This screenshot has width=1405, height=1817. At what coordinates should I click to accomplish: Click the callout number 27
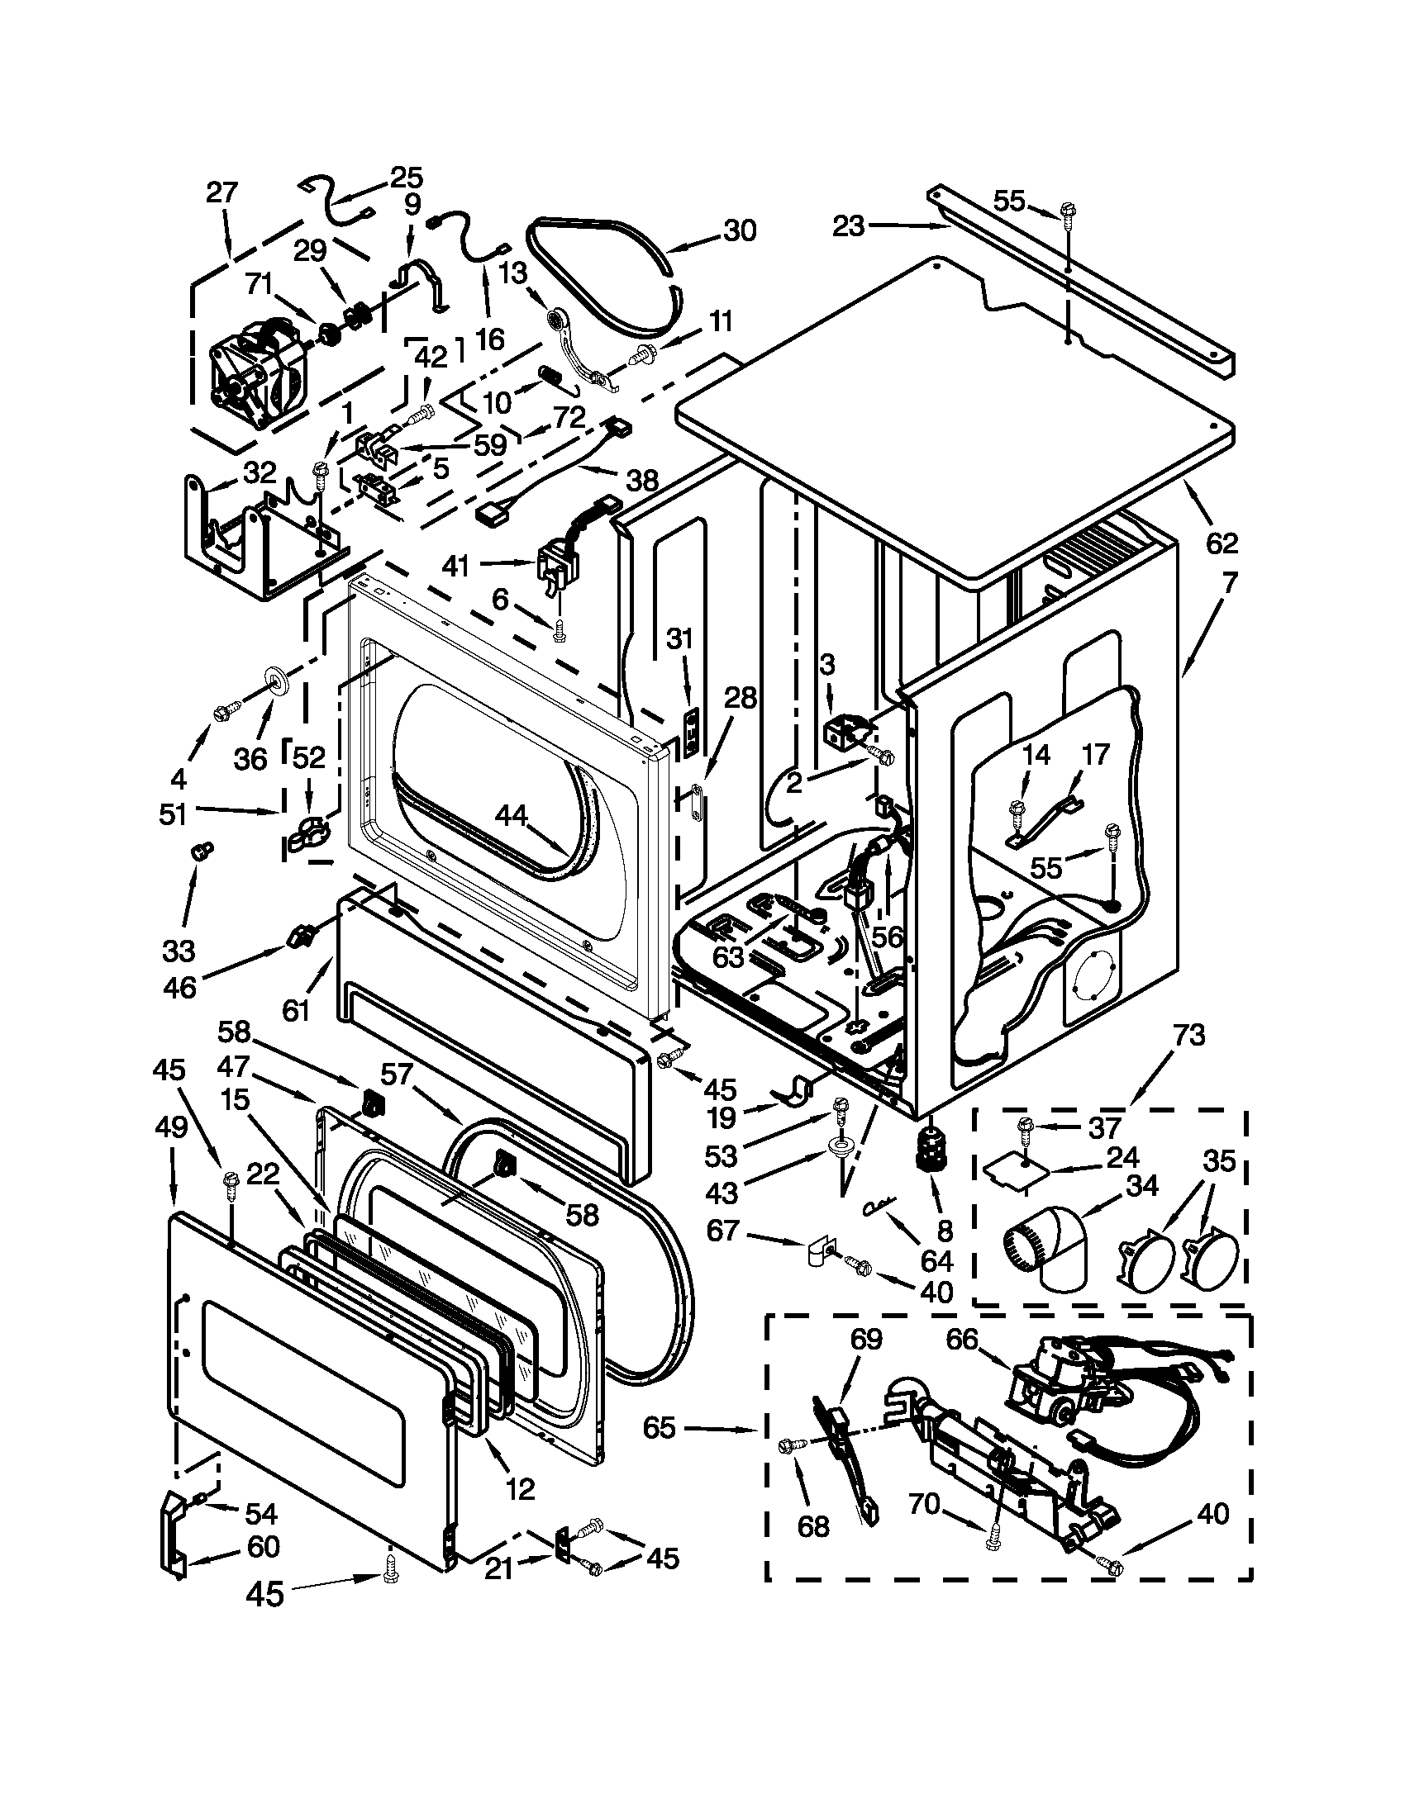pos(222,193)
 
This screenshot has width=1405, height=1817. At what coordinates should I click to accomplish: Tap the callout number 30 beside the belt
pos(739,230)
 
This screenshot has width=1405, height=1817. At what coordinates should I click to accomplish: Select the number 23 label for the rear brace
pos(848,225)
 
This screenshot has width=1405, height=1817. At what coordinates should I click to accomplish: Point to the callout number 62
pos(1222,543)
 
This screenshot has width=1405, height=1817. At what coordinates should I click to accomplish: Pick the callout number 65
pos(660,1428)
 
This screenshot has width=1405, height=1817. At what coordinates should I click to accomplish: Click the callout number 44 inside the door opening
pos(512,816)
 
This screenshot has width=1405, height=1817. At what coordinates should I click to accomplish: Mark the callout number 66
pos(962,1340)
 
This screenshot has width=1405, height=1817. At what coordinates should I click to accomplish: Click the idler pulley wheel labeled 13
pos(555,319)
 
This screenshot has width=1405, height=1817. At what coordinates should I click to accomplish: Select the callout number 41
pos(456,566)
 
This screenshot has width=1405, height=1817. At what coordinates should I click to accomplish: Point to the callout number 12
pos(520,1487)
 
